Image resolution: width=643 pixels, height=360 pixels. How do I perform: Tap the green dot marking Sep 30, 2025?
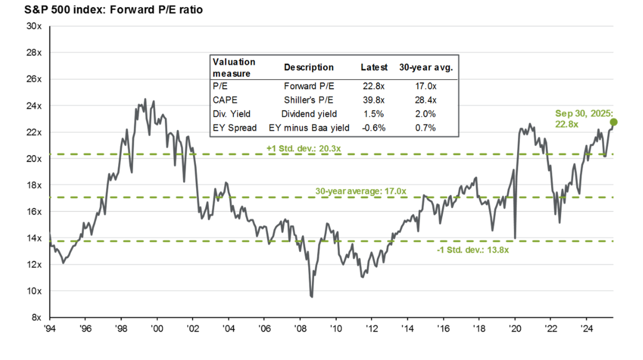tap(614, 122)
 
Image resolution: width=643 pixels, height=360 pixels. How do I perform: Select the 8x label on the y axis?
tap(37, 318)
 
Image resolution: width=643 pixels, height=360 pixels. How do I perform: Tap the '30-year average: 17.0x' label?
tap(360, 190)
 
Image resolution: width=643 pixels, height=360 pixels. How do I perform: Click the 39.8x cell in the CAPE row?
tap(373, 100)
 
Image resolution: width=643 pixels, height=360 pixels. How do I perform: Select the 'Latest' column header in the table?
tap(374, 68)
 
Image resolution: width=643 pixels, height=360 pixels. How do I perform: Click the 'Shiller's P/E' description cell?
tap(309, 100)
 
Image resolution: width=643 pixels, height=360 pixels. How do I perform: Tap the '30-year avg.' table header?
tap(425, 68)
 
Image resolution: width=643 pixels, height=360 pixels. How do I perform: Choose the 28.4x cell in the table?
tap(425, 100)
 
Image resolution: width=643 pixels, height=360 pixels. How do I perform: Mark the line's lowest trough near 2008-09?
tap(312, 297)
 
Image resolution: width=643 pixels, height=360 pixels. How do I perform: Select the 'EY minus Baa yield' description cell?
tap(309, 128)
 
